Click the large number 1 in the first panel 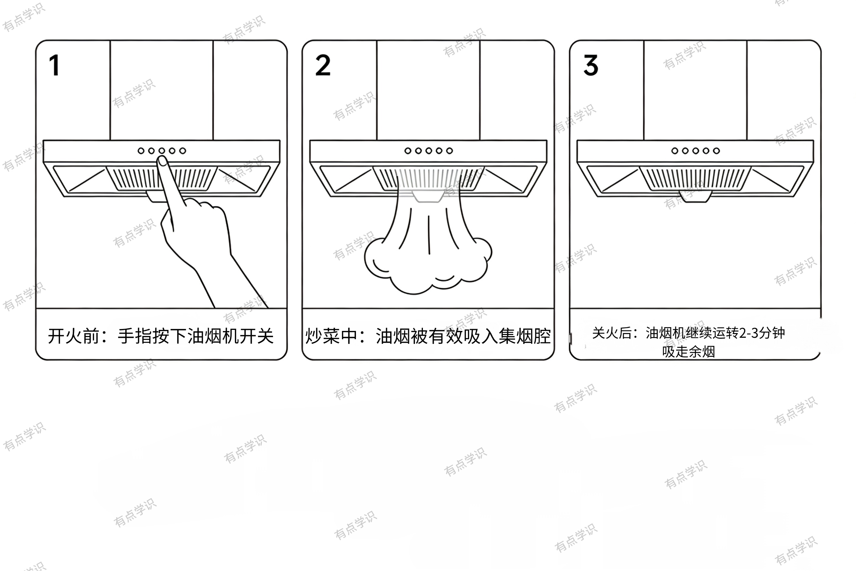[x=55, y=66]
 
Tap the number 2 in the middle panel [x=323, y=66]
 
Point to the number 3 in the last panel [x=591, y=66]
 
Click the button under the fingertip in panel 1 [x=161, y=151]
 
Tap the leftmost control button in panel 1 [x=141, y=151]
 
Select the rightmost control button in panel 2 [x=450, y=151]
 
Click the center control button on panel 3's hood [x=696, y=151]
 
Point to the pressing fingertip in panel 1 [x=162, y=161]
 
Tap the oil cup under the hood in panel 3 [x=696, y=197]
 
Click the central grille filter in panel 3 [x=696, y=178]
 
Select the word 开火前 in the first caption [x=74, y=336]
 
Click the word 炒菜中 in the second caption [x=331, y=336]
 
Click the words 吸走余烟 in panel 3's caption [x=688, y=352]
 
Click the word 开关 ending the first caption [x=256, y=336]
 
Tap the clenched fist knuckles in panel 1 [x=204, y=206]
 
